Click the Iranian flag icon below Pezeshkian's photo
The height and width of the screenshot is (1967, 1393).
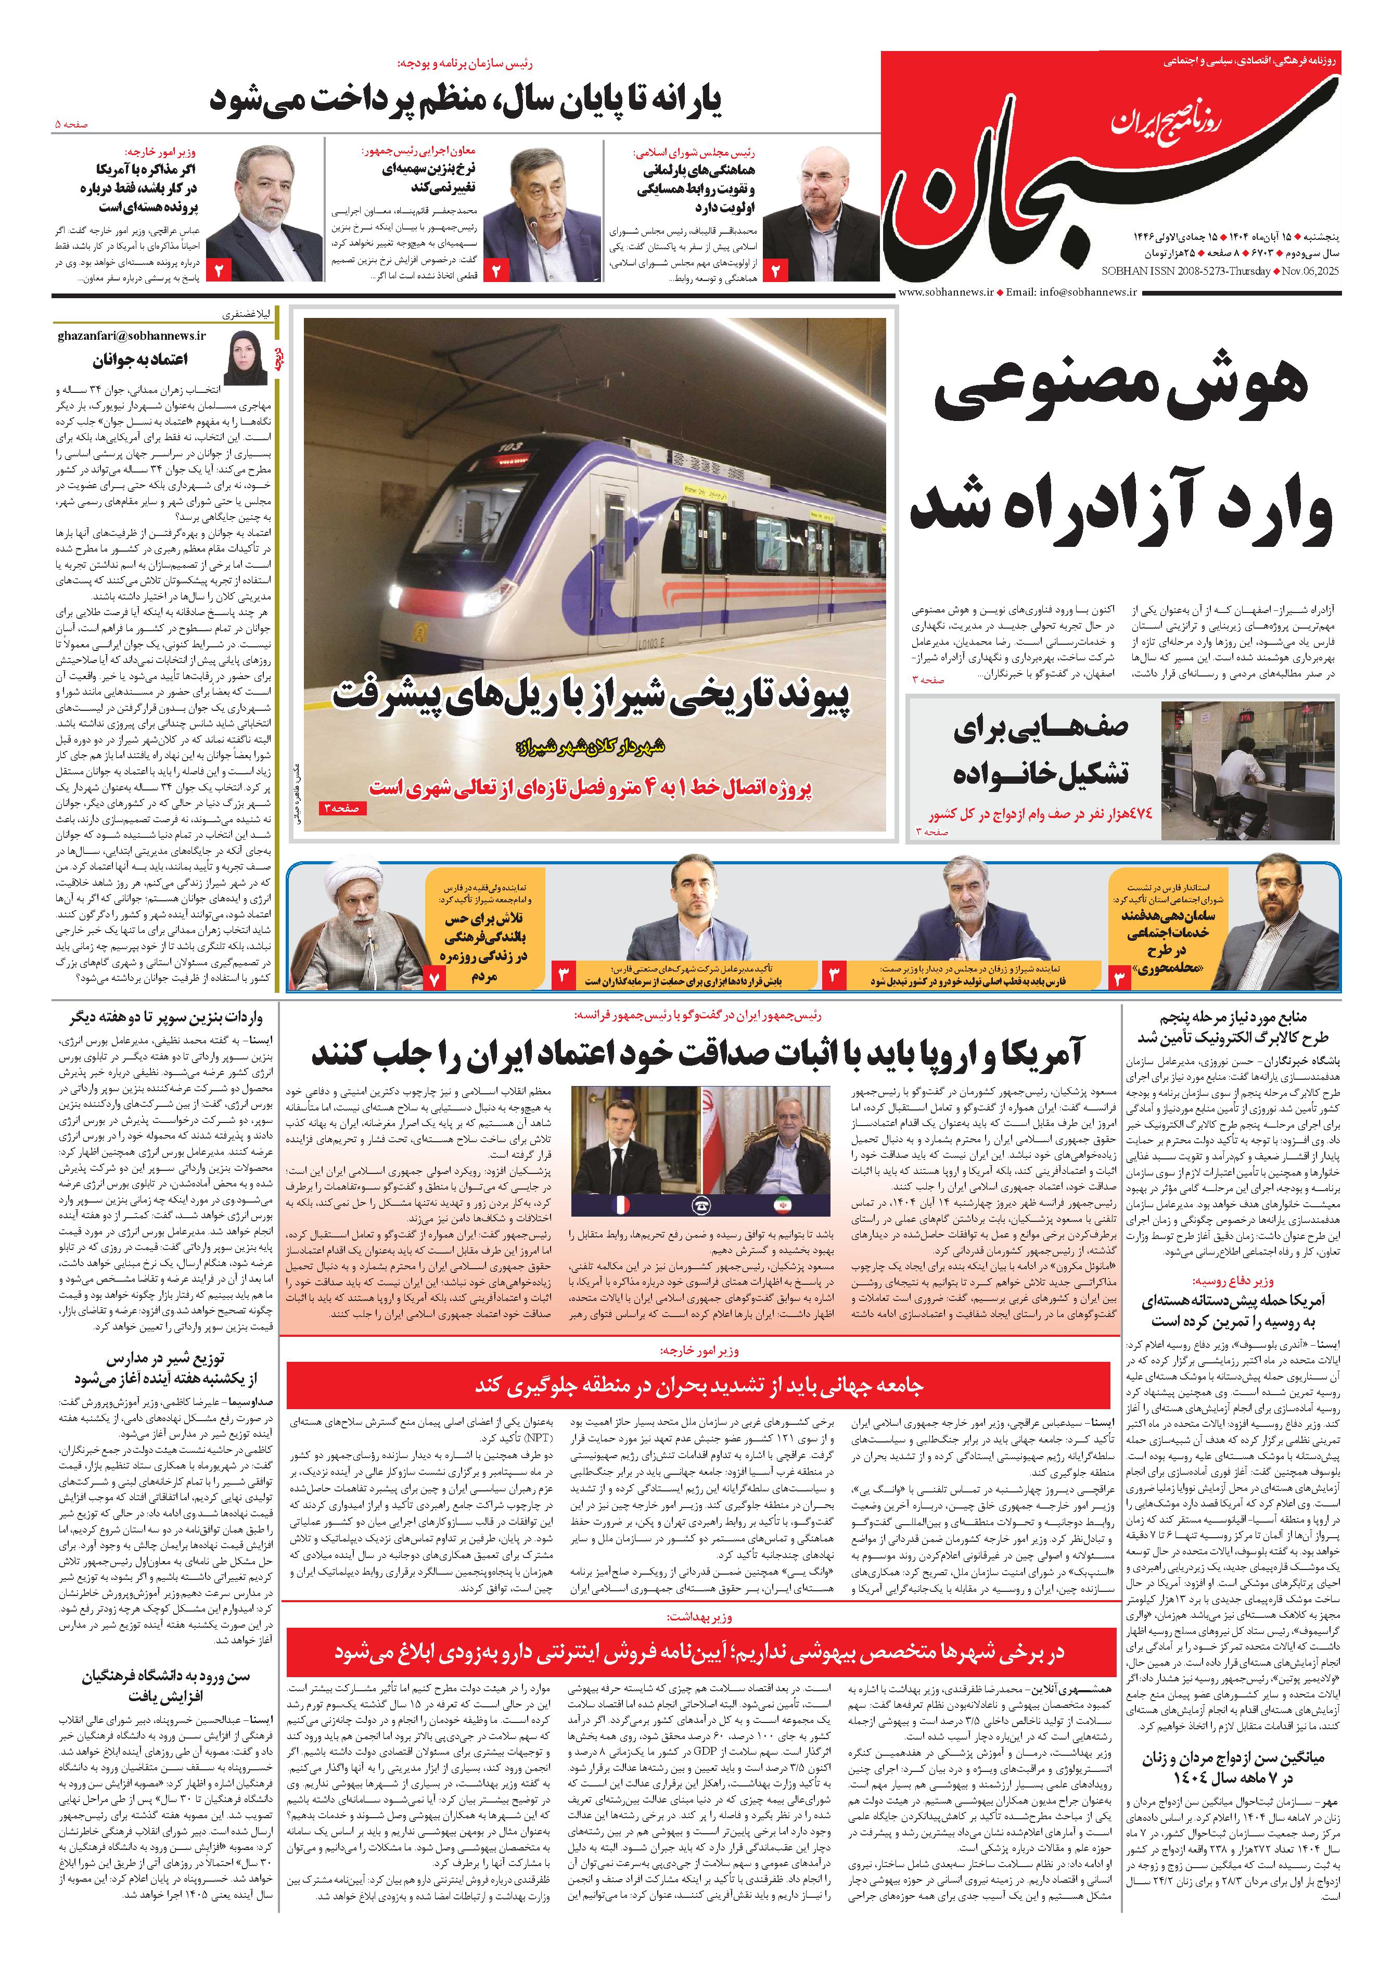pos(782,1204)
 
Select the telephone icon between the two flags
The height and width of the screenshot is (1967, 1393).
pos(701,1204)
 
